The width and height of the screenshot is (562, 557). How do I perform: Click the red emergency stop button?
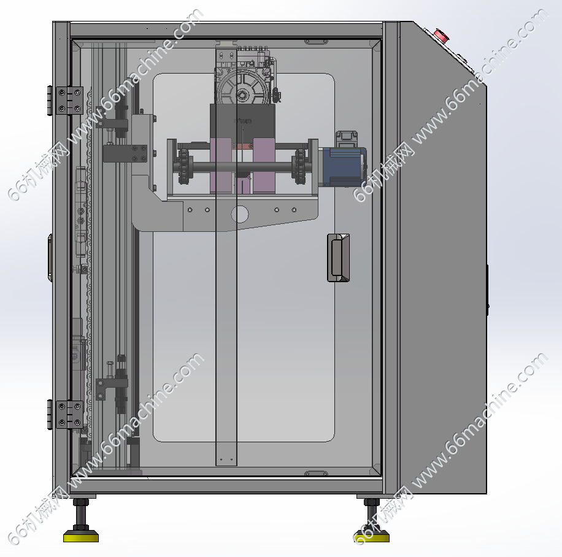[x=441, y=36]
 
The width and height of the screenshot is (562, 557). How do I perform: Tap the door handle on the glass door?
[x=338, y=258]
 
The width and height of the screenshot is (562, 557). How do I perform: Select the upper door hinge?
[x=66, y=101]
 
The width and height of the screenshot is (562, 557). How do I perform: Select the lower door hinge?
[x=66, y=414]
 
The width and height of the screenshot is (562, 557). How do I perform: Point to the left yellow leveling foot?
[x=81, y=537]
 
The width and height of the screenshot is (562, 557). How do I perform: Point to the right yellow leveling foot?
[x=371, y=537]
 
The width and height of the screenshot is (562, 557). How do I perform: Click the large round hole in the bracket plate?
[x=240, y=214]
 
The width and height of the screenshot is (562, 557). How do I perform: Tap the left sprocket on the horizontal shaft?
[x=183, y=167]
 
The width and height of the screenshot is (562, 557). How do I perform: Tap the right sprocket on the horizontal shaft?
[x=299, y=167]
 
